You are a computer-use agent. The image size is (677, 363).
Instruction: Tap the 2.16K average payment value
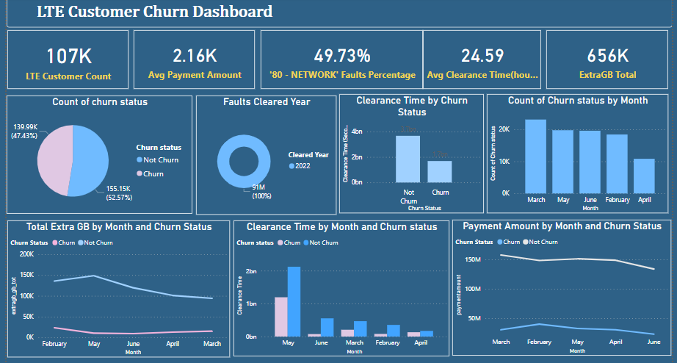[194, 56]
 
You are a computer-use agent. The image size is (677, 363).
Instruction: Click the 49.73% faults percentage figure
[341, 56]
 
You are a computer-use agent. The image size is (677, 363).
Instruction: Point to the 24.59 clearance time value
[482, 56]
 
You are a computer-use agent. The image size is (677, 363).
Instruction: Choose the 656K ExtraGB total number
[607, 56]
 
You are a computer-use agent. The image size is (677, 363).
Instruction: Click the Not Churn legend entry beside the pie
[161, 159]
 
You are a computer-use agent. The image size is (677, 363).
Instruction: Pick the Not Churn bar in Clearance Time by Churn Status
[408, 159]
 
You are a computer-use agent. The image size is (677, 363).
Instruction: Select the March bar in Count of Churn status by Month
[535, 156]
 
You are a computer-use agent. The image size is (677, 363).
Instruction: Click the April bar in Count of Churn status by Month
[644, 176]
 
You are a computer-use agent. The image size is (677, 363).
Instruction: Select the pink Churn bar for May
[280, 317]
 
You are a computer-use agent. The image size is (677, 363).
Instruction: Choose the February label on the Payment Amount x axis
[539, 342]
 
